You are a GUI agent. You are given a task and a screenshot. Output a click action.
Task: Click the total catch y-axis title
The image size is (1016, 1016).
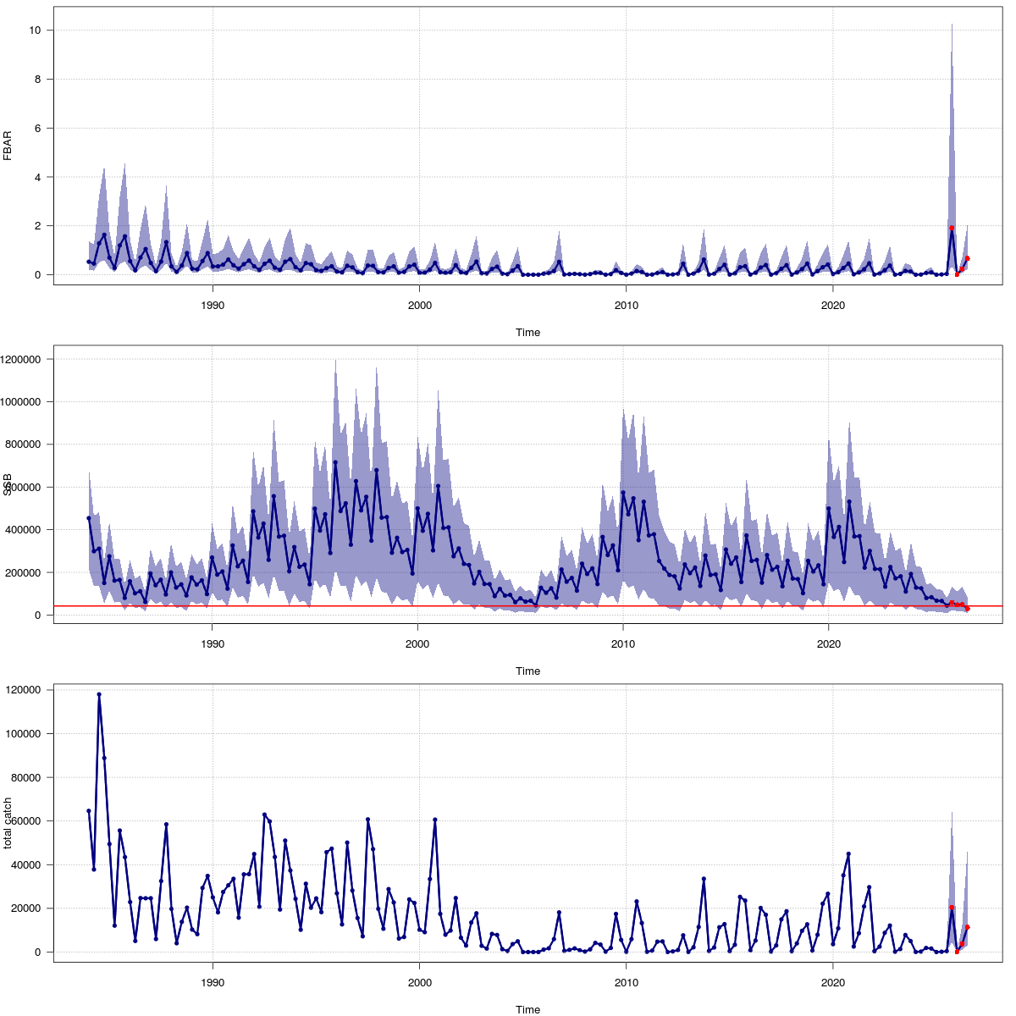point(8,823)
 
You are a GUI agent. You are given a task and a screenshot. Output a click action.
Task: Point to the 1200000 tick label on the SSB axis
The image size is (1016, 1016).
point(24,359)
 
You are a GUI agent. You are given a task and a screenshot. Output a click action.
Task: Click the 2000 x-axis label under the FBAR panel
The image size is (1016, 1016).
point(419,305)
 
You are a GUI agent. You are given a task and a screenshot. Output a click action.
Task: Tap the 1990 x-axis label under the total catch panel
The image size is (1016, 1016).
point(213,982)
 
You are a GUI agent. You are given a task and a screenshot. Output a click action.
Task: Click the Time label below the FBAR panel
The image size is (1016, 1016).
point(527,333)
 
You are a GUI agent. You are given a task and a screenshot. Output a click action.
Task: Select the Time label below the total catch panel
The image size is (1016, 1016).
point(527,1009)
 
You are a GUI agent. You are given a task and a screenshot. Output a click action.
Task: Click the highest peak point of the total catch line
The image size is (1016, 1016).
point(99,694)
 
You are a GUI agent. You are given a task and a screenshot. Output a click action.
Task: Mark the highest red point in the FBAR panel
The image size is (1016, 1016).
point(952,228)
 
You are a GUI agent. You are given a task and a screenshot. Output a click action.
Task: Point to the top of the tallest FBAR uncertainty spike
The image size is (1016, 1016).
point(952,25)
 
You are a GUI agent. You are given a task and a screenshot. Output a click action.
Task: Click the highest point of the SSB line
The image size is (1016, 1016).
point(335,462)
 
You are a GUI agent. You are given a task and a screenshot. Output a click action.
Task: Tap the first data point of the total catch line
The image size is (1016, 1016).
point(89,811)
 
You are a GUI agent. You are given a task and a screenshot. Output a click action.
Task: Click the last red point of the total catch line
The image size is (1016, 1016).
point(967,927)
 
